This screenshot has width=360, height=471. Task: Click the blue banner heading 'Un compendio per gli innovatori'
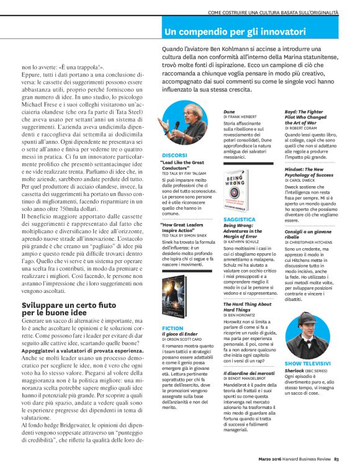[x=235, y=32]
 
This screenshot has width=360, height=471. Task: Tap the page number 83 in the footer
[x=336, y=459]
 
